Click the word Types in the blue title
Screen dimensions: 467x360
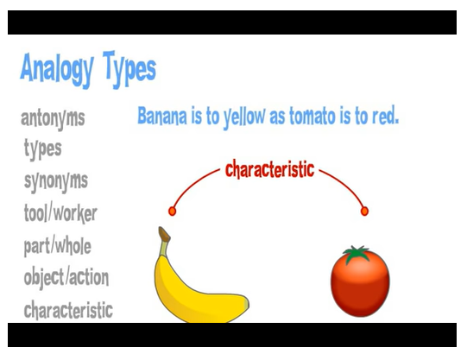[x=129, y=69]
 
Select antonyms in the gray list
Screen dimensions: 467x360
[x=53, y=119]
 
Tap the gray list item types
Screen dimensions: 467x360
[x=42, y=148]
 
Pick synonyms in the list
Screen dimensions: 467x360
[x=56, y=181]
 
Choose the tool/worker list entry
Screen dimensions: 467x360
[x=60, y=213]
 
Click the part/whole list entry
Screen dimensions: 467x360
[x=58, y=246]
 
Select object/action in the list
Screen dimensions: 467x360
[x=66, y=278]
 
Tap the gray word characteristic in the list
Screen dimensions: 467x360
[x=68, y=310]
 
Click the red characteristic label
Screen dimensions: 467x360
[x=269, y=169]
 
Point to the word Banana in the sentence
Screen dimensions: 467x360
[x=162, y=116]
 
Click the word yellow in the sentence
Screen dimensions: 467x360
[x=244, y=117]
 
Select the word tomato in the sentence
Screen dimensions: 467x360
[x=312, y=116]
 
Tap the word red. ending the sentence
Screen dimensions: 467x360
[x=385, y=116]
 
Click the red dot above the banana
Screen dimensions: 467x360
[x=172, y=212]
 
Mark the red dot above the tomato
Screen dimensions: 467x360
[x=364, y=212]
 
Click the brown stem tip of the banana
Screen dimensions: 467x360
[x=164, y=234]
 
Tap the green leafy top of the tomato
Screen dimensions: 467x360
[x=357, y=254]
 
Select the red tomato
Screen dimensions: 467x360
[x=360, y=283]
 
